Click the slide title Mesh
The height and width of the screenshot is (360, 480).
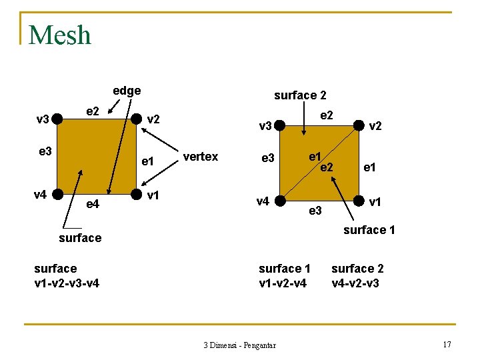click(x=60, y=35)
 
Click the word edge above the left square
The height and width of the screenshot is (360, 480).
click(x=127, y=91)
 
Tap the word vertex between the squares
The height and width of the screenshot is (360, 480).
click(x=200, y=157)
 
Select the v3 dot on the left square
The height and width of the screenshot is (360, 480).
click(x=57, y=119)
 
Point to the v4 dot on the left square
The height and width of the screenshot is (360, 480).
click(x=57, y=195)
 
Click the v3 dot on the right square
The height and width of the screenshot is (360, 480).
click(x=281, y=125)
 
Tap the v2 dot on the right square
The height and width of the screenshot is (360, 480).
click(x=359, y=125)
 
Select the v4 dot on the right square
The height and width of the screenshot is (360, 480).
click(x=281, y=200)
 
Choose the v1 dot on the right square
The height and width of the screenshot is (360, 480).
click(x=359, y=200)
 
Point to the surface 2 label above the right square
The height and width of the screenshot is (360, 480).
click(x=300, y=95)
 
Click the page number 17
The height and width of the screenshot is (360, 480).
click(x=447, y=344)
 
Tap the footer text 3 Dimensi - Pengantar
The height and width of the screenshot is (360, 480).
click(x=240, y=345)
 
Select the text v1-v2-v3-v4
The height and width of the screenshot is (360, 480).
click(x=67, y=283)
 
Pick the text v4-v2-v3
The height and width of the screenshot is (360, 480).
click(x=357, y=283)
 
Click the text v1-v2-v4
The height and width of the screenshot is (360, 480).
click(x=283, y=283)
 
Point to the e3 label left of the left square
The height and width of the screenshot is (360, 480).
click(x=45, y=152)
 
